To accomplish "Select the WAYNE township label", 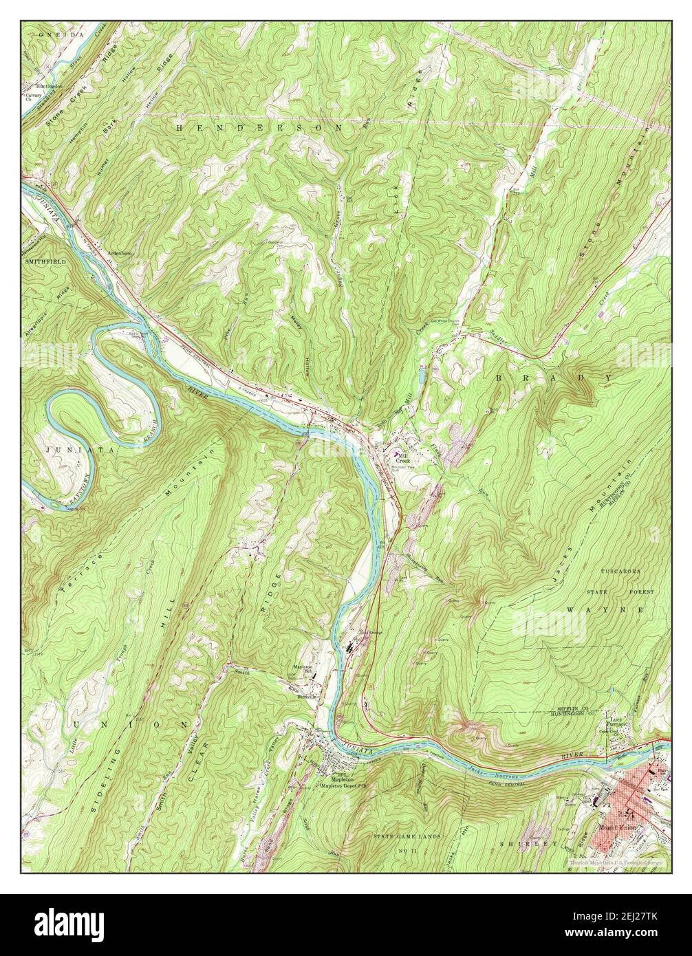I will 605,610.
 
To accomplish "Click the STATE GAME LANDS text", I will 405,836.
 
